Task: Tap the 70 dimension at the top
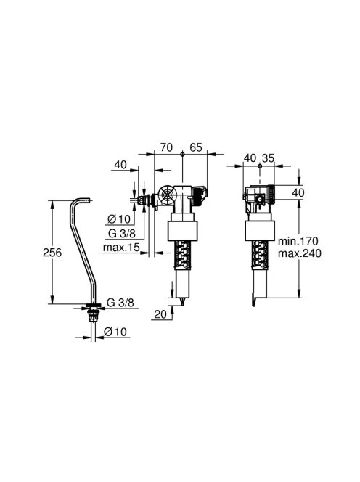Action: [x=166, y=147]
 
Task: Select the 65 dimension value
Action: [x=194, y=147]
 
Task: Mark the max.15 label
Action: [x=122, y=248]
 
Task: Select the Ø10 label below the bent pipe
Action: [x=116, y=331]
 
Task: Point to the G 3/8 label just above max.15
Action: [x=120, y=234]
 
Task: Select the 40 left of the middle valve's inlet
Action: [x=120, y=165]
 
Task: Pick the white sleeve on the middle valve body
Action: [x=184, y=231]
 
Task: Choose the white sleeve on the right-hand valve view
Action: [x=261, y=231]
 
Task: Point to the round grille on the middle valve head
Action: [x=166, y=197]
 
